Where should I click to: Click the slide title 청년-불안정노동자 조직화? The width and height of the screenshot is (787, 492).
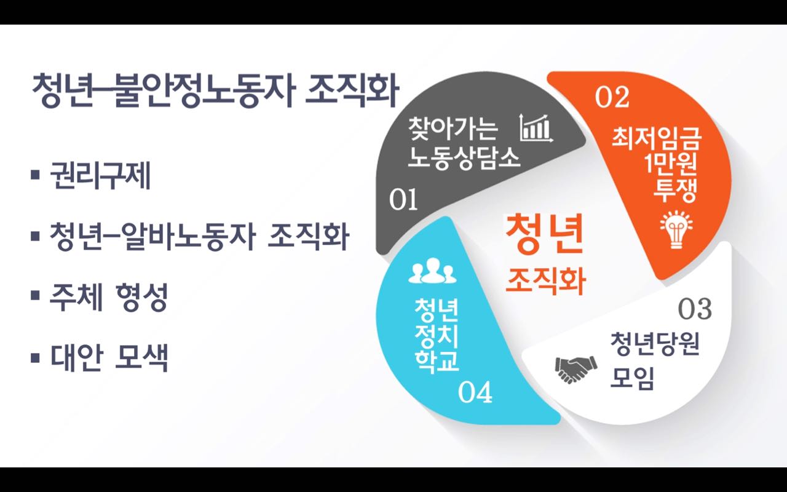click(x=215, y=90)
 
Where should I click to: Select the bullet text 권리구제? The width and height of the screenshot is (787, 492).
click(x=100, y=175)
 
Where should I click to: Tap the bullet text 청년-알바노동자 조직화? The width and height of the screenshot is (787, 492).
click(x=199, y=236)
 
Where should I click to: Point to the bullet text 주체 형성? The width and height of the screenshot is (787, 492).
click(x=108, y=297)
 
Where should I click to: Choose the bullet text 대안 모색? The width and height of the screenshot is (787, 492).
click(x=109, y=357)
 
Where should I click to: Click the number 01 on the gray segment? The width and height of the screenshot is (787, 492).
click(x=403, y=199)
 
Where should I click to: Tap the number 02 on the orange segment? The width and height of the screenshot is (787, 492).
click(x=612, y=97)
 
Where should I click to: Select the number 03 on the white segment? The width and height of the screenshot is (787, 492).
click(x=695, y=309)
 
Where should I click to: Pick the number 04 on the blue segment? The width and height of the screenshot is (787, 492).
click(x=475, y=392)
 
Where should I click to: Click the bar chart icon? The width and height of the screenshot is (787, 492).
click(x=536, y=128)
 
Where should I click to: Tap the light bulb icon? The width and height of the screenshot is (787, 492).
click(x=676, y=229)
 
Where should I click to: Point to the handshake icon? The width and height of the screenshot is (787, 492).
click(x=576, y=370)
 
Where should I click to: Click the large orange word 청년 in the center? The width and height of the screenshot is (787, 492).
click(x=544, y=234)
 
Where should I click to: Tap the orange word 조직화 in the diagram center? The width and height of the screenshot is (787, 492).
click(x=545, y=281)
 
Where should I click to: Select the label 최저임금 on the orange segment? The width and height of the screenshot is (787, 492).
click(x=656, y=139)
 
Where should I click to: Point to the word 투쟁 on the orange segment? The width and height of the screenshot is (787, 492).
click(x=674, y=191)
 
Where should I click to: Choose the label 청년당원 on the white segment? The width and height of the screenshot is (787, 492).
click(x=655, y=344)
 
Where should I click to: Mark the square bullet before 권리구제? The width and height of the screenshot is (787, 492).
click(x=35, y=174)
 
